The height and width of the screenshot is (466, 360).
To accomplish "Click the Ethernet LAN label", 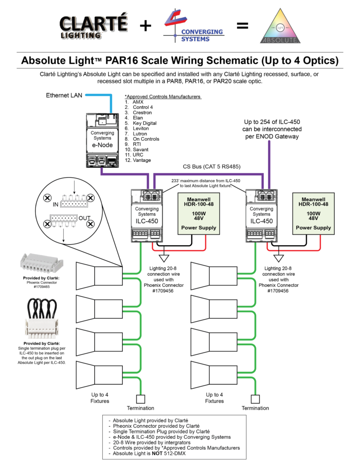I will click(64, 96).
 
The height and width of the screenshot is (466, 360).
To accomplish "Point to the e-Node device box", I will click(102, 140).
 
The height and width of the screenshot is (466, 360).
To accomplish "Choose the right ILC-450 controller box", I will click(262, 213).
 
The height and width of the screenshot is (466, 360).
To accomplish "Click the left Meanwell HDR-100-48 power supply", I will click(199, 213).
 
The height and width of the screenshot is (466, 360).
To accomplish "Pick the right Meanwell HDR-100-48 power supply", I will click(314, 213).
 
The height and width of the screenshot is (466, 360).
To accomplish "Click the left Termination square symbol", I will click(141, 398).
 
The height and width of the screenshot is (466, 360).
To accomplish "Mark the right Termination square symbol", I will click(255, 398).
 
